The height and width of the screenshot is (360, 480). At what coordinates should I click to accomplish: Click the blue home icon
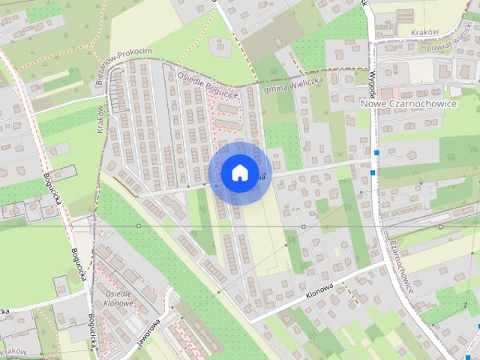239,172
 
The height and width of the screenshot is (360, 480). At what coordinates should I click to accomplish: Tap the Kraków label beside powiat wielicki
424,32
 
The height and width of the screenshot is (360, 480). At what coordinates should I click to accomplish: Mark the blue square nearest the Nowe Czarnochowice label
376,153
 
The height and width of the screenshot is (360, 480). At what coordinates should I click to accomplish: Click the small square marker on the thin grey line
303,226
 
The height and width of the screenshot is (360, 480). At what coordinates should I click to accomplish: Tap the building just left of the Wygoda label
352,79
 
